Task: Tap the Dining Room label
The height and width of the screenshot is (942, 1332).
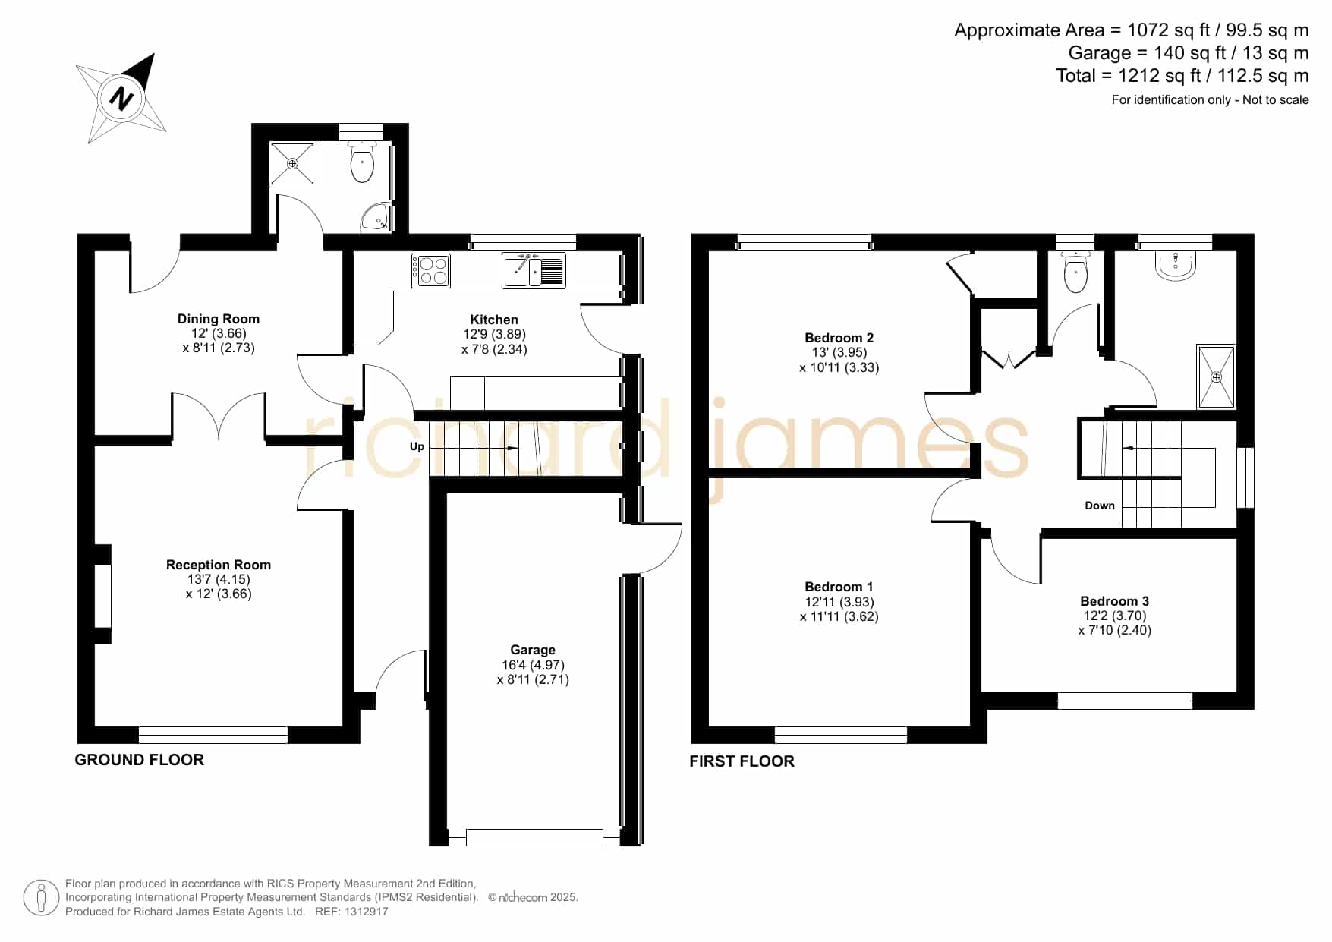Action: [219, 319]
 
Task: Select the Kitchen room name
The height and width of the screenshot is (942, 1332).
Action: [494, 320]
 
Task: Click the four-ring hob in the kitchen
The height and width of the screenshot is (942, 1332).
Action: [431, 271]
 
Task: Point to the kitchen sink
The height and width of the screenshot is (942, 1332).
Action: [534, 270]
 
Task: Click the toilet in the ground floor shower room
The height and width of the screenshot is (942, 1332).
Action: [363, 162]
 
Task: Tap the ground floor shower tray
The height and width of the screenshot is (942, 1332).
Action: [293, 163]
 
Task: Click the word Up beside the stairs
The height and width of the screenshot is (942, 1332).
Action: [417, 446]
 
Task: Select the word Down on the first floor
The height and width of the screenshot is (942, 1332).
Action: [1100, 506]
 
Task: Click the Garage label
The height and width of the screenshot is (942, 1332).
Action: [533, 650]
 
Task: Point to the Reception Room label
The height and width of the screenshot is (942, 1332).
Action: [219, 565]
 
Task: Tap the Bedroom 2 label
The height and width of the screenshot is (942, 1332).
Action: [839, 338]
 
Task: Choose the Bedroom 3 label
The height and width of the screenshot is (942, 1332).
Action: [1115, 601]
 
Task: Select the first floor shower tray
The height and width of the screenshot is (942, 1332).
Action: [1217, 376]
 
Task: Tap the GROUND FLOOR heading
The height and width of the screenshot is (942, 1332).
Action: [140, 760]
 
